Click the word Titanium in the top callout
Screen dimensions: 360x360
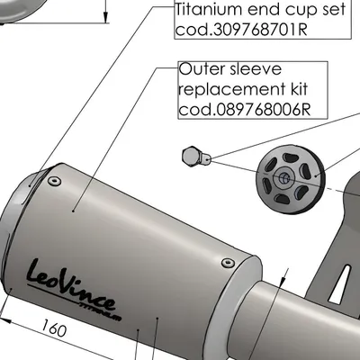tap(208, 10)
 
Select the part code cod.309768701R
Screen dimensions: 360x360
tap(241, 30)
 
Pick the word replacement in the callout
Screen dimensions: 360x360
tap(232, 90)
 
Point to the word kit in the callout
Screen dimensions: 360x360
tap(299, 89)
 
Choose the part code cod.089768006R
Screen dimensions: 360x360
tap(245, 110)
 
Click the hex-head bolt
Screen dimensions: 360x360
tap(196, 157)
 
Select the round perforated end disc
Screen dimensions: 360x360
tap(290, 179)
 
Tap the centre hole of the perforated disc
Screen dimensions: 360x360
tap(283, 178)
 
